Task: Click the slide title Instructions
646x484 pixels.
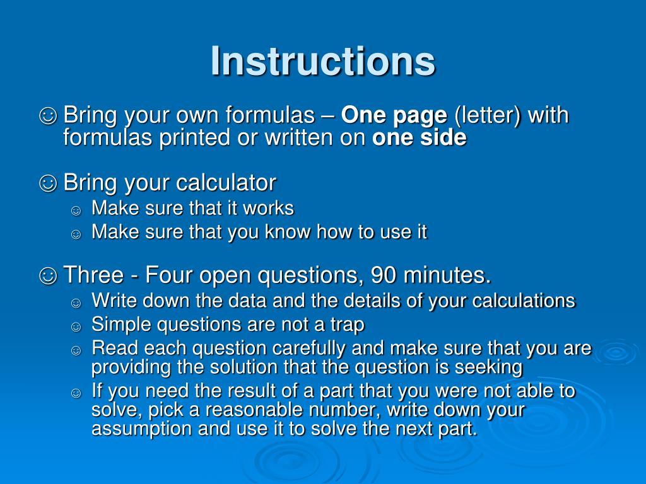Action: pyautogui.click(x=322, y=61)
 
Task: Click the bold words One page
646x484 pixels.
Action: pyautogui.click(x=394, y=116)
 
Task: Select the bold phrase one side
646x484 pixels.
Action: pyautogui.click(x=420, y=138)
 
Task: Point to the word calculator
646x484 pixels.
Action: pyautogui.click(x=226, y=183)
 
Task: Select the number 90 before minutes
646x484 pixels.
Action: pyautogui.click(x=384, y=275)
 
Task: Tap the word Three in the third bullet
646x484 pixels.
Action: pyautogui.click(x=92, y=275)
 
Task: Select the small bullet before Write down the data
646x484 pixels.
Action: pyautogui.click(x=76, y=302)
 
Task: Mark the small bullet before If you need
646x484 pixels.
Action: pyautogui.click(x=76, y=393)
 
